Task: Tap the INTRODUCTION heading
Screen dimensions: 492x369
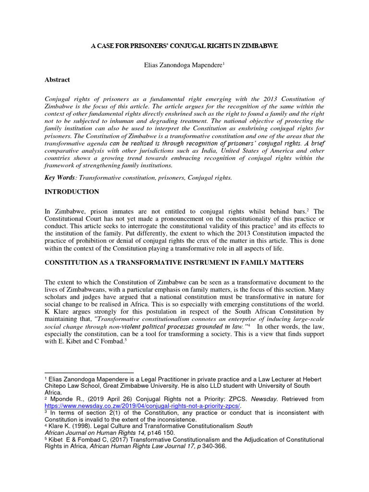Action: point(72,192)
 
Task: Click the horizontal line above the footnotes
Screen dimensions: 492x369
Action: point(89,372)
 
